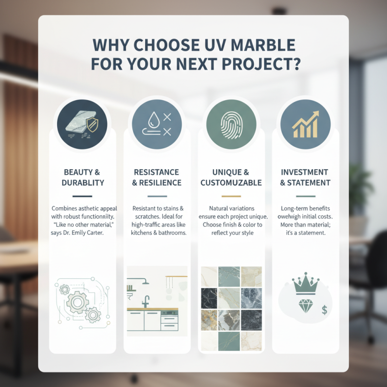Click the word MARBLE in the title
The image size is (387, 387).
click(257, 45)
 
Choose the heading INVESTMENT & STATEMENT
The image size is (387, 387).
click(305, 178)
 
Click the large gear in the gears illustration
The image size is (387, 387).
click(77, 302)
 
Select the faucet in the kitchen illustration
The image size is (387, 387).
click(145, 301)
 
